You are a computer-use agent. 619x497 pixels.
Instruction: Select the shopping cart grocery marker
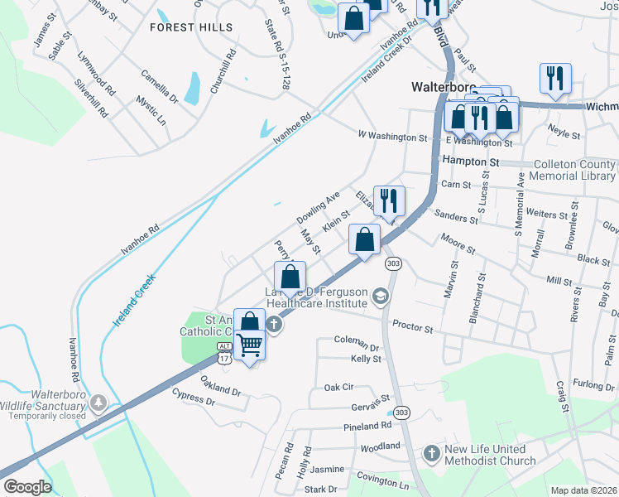click(x=250, y=344)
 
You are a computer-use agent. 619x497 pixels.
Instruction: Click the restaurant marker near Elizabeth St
click(x=388, y=200)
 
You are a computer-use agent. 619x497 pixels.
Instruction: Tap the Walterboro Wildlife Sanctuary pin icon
click(x=99, y=403)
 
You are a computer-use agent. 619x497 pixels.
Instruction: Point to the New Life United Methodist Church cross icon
click(x=430, y=454)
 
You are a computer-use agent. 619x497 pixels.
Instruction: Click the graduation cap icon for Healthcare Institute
click(x=380, y=297)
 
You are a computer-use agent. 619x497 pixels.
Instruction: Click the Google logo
click(x=27, y=487)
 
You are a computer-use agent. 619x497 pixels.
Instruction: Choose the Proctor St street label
click(x=412, y=328)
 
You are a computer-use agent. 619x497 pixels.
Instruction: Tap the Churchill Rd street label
click(x=223, y=71)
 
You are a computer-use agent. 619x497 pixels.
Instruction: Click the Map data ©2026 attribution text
click(x=583, y=490)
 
